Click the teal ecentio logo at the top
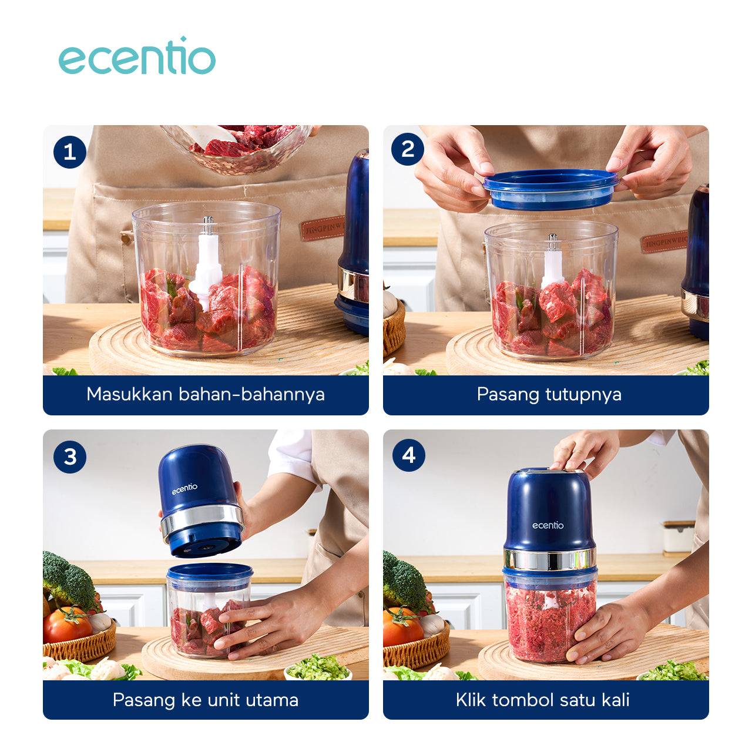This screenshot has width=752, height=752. [x=136, y=56]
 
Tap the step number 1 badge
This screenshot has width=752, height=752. [x=70, y=152]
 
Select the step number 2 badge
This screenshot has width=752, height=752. [x=408, y=149]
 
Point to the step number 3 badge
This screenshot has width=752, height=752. [x=70, y=456]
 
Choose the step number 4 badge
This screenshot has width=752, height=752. [x=408, y=455]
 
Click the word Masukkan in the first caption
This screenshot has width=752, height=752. [x=129, y=394]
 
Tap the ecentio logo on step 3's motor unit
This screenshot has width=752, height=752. [x=184, y=489]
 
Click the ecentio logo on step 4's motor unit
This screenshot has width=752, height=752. [x=548, y=525]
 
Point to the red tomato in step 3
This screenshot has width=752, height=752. [x=67, y=626]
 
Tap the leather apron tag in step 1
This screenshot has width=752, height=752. [x=323, y=229]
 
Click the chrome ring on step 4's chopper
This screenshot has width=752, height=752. [x=549, y=559]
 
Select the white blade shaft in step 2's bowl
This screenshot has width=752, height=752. [x=552, y=261]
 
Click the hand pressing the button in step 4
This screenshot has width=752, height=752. [x=585, y=453]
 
